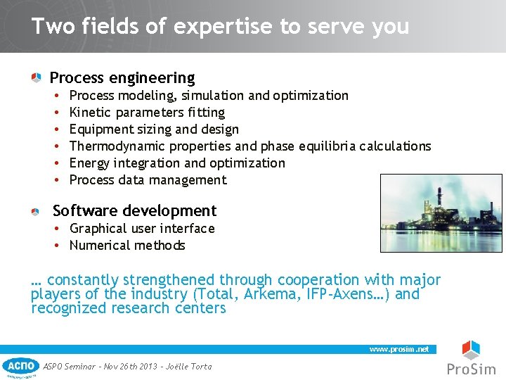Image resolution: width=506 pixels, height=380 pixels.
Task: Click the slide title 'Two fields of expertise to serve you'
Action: (220, 27)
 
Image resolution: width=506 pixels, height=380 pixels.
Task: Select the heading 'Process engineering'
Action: (122, 77)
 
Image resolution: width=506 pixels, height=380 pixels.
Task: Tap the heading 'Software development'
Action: (134, 210)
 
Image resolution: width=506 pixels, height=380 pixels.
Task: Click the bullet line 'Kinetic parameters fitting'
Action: (147, 113)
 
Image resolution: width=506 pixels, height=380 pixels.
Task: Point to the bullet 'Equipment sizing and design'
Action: (154, 129)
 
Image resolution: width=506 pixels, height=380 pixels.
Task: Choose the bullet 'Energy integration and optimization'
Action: (177, 163)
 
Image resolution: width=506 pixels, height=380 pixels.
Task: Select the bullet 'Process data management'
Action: (148, 180)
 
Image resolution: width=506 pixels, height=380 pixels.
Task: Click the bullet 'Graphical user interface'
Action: (142, 229)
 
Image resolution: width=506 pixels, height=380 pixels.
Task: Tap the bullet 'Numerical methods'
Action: (127, 246)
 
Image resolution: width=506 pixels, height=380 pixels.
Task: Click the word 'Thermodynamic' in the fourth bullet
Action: (114, 146)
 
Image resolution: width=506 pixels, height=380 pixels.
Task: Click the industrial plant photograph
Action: (441, 213)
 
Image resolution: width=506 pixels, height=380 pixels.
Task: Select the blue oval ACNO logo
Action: (20, 365)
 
